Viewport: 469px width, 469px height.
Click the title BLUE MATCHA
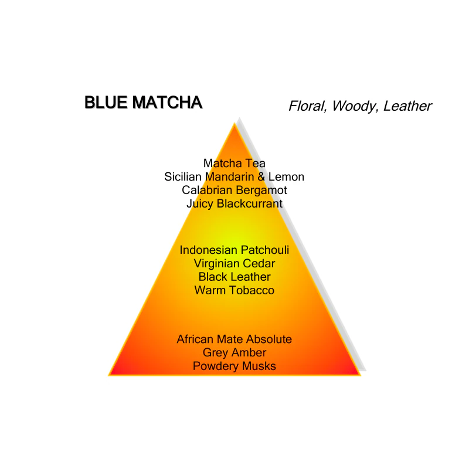144,102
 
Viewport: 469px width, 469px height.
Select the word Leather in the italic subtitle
407,106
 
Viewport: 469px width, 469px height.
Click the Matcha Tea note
234,164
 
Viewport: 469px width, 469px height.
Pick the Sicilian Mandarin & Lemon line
234,177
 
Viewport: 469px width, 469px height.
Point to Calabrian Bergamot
234,190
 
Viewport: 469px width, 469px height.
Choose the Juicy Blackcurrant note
234,203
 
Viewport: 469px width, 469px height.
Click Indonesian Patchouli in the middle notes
234,250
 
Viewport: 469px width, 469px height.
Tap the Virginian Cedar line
234,263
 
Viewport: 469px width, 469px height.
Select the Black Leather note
234,277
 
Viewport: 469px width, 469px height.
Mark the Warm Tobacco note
234,290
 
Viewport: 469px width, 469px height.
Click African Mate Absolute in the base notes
234,339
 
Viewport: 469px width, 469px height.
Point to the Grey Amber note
234,353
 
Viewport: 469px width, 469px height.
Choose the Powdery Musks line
234,366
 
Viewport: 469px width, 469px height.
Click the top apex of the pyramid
235,123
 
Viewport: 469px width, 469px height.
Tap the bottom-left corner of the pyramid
109,375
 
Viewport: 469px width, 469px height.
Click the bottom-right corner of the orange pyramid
361,375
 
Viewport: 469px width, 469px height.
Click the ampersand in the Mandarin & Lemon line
261,177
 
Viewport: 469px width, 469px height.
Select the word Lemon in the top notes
286,177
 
